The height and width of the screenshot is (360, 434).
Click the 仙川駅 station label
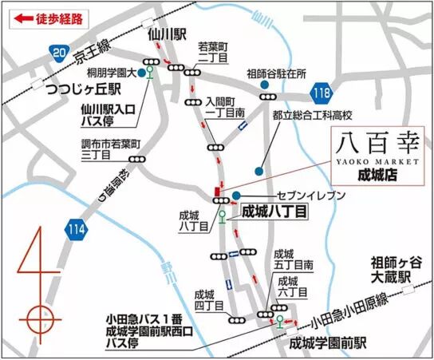point(166,35)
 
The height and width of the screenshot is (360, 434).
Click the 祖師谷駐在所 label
point(276,72)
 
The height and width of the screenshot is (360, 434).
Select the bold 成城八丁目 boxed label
point(274,212)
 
